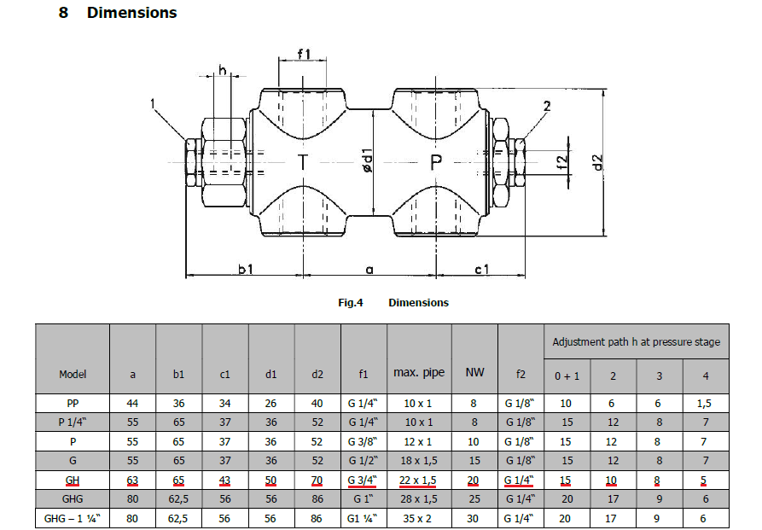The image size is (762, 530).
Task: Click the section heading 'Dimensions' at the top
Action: (x=131, y=13)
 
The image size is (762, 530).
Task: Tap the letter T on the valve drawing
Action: (x=303, y=161)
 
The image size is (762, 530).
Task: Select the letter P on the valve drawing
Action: (x=437, y=161)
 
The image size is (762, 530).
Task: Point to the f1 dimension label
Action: (x=304, y=55)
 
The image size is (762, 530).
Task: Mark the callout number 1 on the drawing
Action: (x=154, y=104)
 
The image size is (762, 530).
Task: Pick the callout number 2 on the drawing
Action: (x=546, y=106)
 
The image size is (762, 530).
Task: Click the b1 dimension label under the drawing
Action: (x=246, y=269)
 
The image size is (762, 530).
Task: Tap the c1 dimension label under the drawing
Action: (x=482, y=269)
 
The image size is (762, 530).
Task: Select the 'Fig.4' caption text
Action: (x=351, y=302)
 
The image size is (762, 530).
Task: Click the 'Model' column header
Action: (x=73, y=374)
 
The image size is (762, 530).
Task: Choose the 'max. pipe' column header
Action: (x=419, y=374)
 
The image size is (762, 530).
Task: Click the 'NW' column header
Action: (x=474, y=374)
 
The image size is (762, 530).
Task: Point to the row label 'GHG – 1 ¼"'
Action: (x=73, y=517)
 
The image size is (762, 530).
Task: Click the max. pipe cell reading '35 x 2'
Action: (x=419, y=517)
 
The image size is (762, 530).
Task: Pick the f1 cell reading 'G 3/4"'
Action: (x=364, y=480)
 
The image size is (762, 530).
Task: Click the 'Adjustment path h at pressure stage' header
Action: (x=636, y=341)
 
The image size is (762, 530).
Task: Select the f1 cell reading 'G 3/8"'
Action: (x=364, y=441)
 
